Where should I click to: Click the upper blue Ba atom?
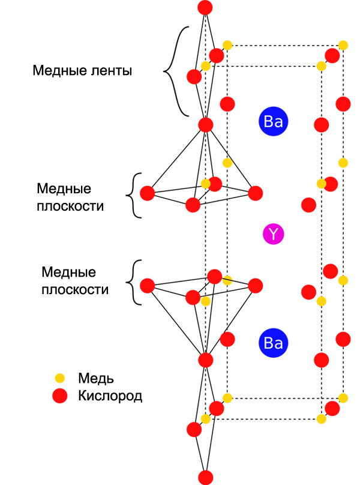click(x=274, y=122)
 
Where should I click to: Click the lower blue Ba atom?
click(x=274, y=343)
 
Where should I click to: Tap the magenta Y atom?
click(x=273, y=233)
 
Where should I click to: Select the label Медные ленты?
click(x=82, y=70)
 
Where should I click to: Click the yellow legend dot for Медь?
click(x=59, y=378)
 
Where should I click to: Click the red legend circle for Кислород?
click(x=59, y=396)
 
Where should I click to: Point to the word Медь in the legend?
click(x=96, y=378)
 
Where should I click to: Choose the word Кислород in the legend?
click(x=110, y=396)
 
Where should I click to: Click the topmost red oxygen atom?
click(x=205, y=8)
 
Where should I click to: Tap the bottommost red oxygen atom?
click(x=205, y=477)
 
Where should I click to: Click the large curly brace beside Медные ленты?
click(x=175, y=71)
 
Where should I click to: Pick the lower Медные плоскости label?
click(x=74, y=281)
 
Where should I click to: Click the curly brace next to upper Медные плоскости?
click(x=134, y=195)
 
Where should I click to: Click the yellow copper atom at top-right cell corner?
click(x=343, y=45)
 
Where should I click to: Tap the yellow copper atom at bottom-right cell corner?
click(x=343, y=397)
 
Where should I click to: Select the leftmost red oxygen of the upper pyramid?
click(x=147, y=193)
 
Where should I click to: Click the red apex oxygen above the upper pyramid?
click(x=205, y=125)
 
